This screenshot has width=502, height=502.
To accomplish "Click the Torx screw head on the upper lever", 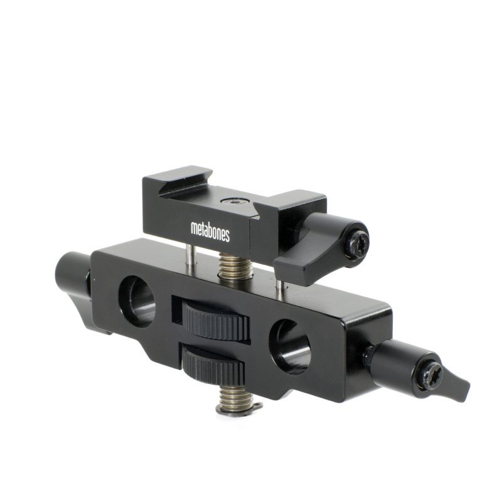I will click(x=360, y=242).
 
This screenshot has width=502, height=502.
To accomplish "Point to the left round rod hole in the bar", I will click(x=136, y=300).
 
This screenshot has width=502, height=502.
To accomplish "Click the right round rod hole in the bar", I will click(x=290, y=346).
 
